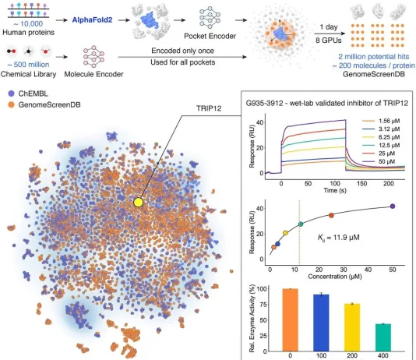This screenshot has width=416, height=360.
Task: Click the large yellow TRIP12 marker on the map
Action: click(139, 202)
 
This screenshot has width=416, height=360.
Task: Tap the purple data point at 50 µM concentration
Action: click(392, 206)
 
